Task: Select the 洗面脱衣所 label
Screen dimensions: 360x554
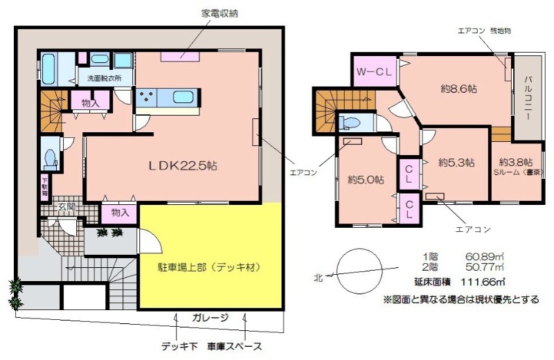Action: [104, 78]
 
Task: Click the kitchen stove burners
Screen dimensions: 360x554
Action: [148, 97]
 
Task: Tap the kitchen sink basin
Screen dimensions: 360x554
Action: [181, 97]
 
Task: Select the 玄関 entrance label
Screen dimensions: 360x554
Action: [66, 206]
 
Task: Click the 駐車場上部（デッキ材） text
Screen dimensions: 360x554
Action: [210, 266]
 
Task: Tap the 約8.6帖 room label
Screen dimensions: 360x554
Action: [459, 89]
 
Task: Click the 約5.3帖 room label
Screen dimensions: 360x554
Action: [456, 163]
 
